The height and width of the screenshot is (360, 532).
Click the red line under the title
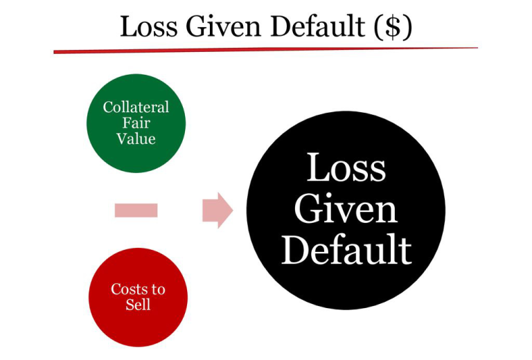point(266,50)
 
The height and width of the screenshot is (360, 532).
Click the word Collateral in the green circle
point(136,107)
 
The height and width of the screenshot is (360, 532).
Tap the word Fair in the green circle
point(136,123)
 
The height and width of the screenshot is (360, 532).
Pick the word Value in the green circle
point(136,138)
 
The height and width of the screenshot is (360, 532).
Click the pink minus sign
point(136,210)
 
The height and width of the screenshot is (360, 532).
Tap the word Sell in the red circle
point(138,305)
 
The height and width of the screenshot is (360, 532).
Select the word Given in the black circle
point(346,209)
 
